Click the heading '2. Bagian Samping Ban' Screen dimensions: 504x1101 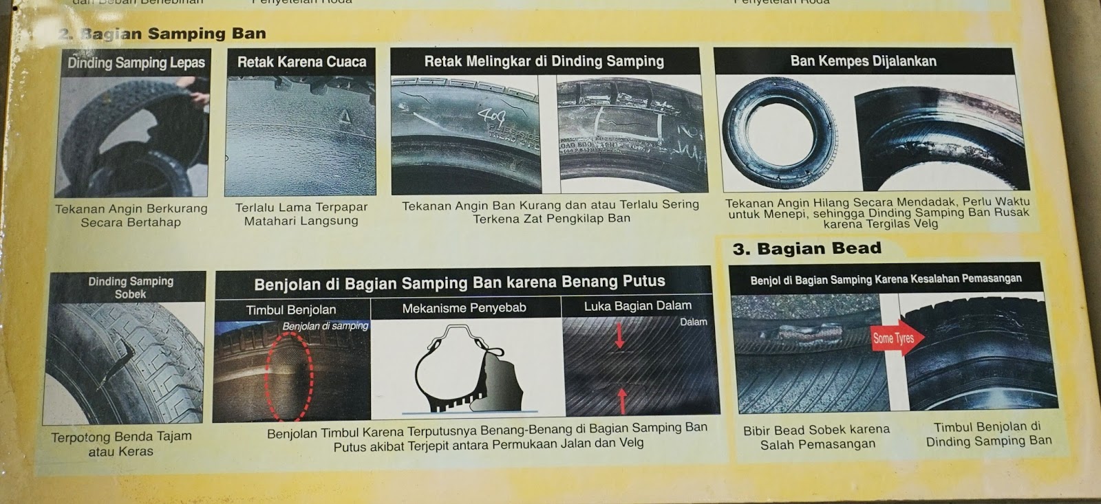162,33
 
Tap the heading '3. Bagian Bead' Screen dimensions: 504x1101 806,248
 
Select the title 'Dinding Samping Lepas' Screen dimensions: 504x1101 136,63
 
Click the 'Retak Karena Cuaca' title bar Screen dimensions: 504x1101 301,62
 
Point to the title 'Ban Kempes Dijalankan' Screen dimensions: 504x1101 863,61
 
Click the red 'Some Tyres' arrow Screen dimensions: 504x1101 897,338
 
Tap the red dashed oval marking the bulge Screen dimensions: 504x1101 290,375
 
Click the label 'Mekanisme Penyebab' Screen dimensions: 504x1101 464,308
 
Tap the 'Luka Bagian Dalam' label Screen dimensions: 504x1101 638,306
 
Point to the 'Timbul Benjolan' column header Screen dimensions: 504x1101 291,310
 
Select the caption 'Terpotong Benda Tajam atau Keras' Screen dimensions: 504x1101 121,443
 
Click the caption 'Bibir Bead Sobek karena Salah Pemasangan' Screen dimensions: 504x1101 817,437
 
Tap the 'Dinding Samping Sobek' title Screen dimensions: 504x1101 131,287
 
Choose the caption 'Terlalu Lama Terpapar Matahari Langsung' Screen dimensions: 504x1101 301,214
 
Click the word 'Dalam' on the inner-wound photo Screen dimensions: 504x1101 693,322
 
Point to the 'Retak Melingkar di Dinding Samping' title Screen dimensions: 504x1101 544,61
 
